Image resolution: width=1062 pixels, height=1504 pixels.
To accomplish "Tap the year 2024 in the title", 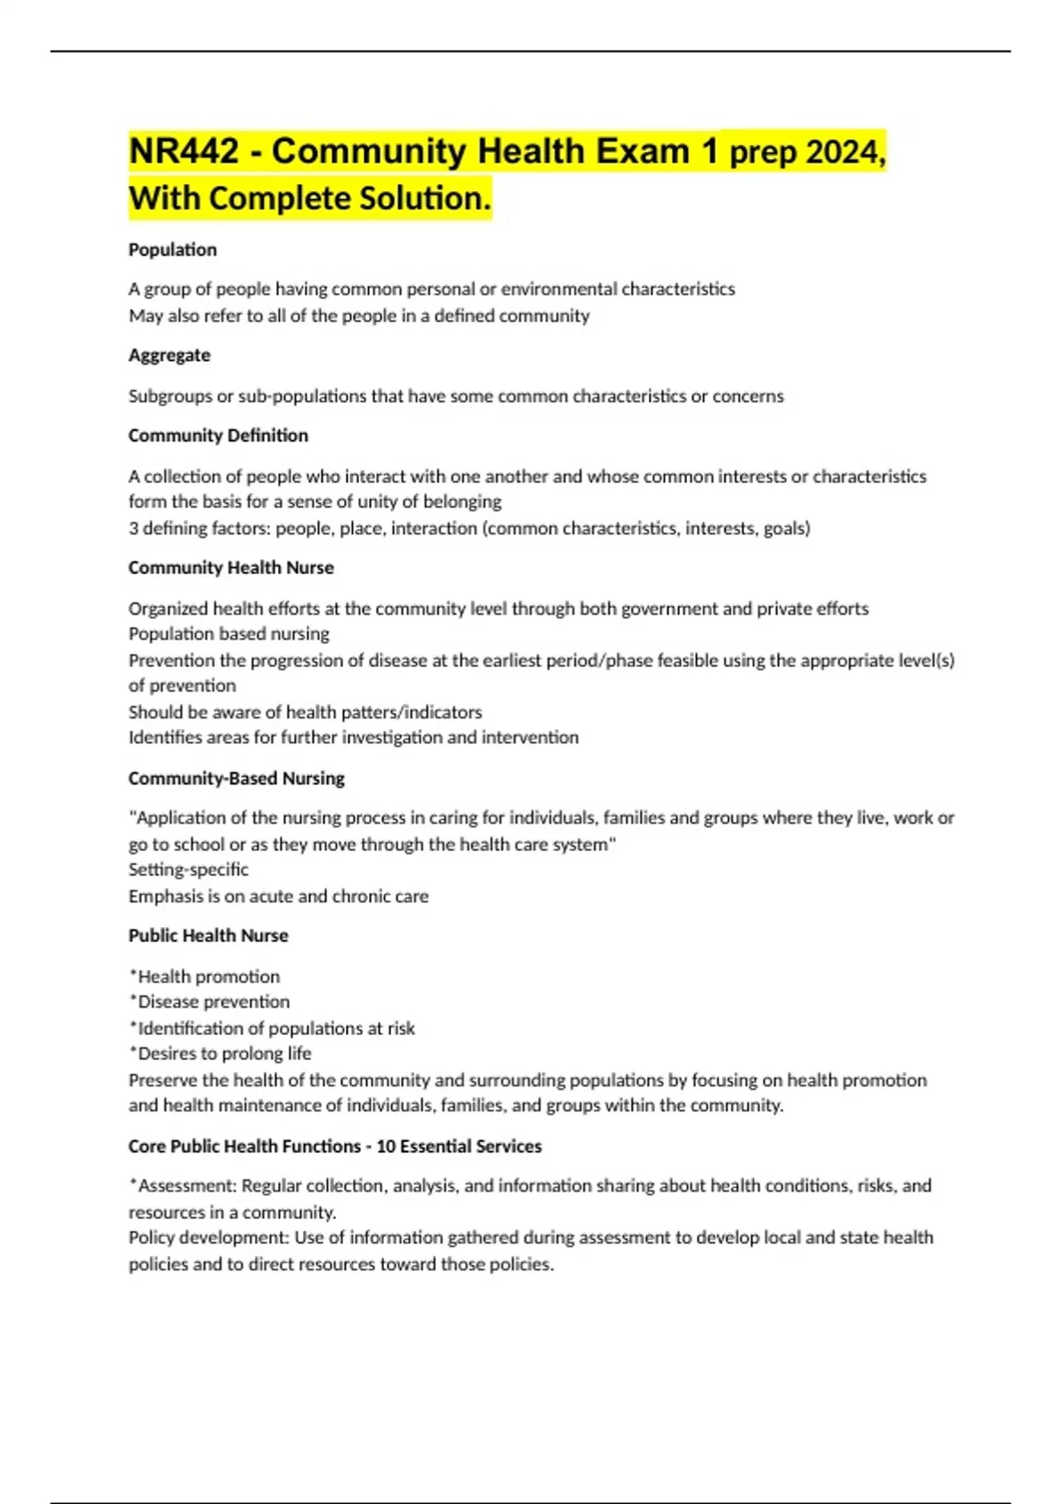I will tap(844, 152).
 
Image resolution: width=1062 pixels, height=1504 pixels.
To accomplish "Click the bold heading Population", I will tap(173, 249).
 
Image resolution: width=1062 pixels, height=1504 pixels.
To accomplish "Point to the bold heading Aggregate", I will tap(169, 355).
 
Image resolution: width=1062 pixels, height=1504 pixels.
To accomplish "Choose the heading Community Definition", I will tap(218, 435).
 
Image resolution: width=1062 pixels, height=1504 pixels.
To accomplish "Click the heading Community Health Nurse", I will tap(231, 567).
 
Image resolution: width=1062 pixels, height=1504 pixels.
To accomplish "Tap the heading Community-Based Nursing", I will tap(236, 779).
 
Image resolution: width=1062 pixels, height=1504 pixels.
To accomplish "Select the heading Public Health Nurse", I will tap(208, 935).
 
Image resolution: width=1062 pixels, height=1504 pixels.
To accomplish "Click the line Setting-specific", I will tap(189, 869).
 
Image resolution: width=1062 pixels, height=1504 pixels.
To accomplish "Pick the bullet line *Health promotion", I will tap(204, 976).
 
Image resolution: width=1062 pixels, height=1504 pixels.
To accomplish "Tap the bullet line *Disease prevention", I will tap(210, 1001).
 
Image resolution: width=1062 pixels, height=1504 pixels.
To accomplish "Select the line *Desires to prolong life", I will tap(220, 1053).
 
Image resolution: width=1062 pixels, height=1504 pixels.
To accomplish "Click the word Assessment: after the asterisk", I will tap(187, 1186).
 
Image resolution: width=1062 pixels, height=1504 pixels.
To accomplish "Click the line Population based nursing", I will tap(228, 633).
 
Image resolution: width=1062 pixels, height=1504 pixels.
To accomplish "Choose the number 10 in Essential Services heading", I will tap(386, 1146).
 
